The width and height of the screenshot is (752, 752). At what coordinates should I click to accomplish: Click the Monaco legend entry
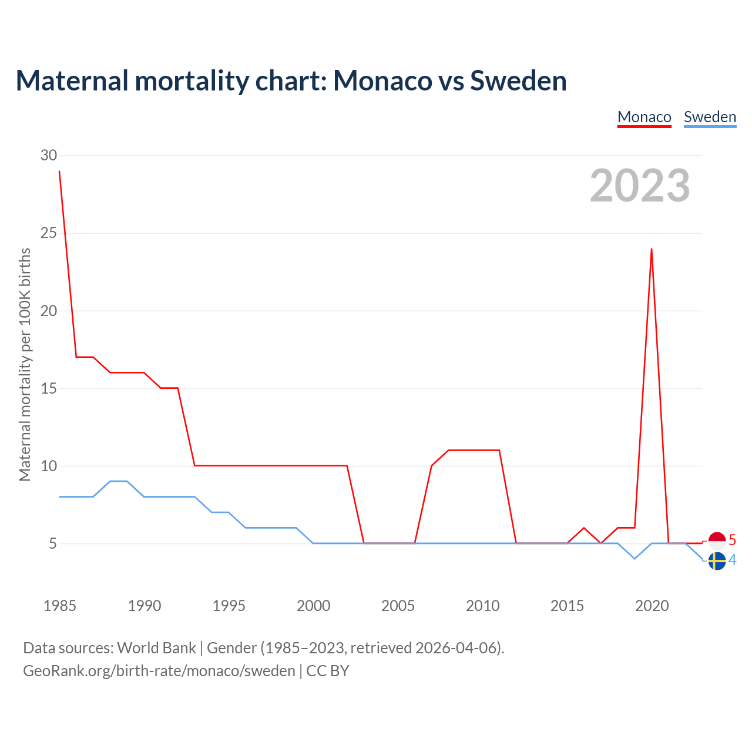pyautogui.click(x=644, y=117)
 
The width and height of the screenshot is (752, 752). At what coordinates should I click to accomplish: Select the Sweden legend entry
pyautogui.click(x=710, y=117)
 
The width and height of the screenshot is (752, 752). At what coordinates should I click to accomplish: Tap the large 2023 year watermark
pyautogui.click(x=640, y=186)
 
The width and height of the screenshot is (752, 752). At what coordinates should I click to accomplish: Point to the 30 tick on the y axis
pyautogui.click(x=49, y=156)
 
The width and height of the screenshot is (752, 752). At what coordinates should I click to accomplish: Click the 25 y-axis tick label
pyautogui.click(x=49, y=233)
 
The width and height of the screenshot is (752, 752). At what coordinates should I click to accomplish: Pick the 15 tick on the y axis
pyautogui.click(x=49, y=388)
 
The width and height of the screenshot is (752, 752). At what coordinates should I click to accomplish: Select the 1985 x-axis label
pyautogui.click(x=59, y=606)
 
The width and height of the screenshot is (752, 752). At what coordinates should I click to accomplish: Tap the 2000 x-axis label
pyautogui.click(x=313, y=606)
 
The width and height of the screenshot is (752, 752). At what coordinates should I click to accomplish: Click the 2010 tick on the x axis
pyautogui.click(x=482, y=606)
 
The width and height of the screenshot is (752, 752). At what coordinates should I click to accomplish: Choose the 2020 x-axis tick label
pyautogui.click(x=652, y=606)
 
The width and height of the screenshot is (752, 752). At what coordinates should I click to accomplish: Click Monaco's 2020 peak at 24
pyautogui.click(x=652, y=249)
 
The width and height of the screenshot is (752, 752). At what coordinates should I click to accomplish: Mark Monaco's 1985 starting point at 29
pyautogui.click(x=59, y=172)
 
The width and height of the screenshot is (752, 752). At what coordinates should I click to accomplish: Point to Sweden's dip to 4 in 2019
pyautogui.click(x=634, y=559)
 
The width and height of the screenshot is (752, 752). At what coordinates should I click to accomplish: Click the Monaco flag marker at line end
pyautogui.click(x=717, y=540)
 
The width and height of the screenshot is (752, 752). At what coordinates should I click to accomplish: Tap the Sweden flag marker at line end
pyautogui.click(x=717, y=561)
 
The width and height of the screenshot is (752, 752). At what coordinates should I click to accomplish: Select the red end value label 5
pyautogui.click(x=732, y=540)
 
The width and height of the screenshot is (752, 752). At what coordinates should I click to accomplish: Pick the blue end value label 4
pyautogui.click(x=732, y=560)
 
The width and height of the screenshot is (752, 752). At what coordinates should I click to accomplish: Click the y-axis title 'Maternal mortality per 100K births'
pyautogui.click(x=25, y=364)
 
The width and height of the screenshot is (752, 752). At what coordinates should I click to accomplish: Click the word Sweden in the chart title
pyautogui.click(x=518, y=80)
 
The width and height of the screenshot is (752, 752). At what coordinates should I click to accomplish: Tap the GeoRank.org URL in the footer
pyautogui.click(x=159, y=671)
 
